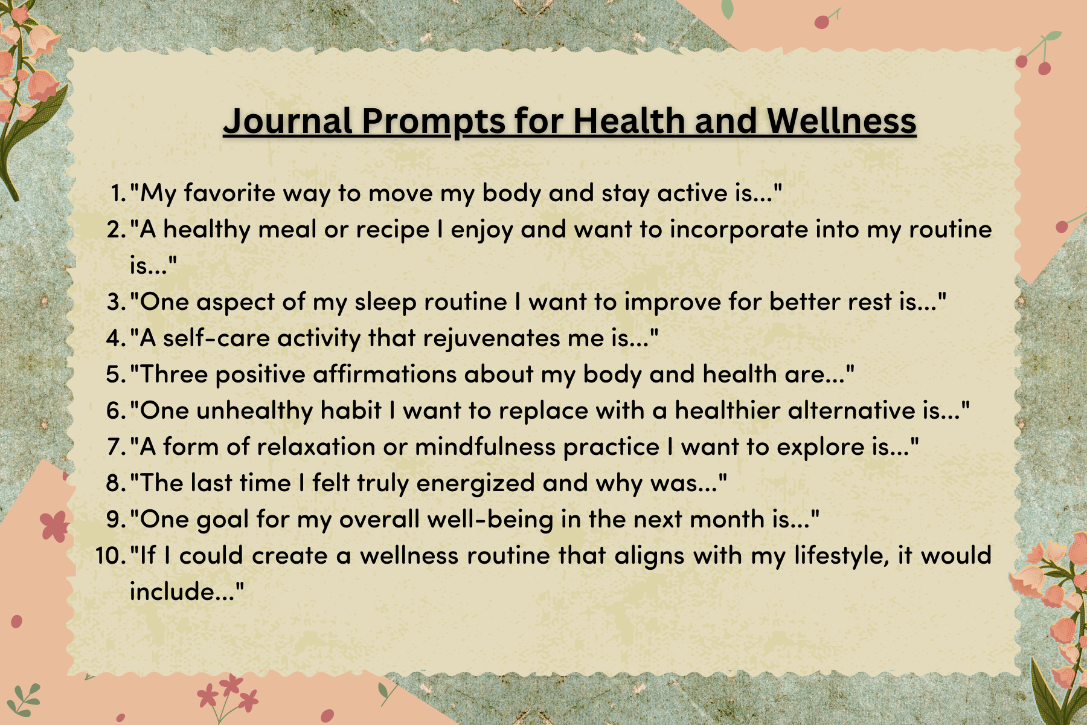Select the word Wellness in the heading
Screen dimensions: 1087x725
842,121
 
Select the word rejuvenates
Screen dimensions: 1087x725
492,339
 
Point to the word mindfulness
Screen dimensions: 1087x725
486,447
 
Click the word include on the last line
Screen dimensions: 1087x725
172,591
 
